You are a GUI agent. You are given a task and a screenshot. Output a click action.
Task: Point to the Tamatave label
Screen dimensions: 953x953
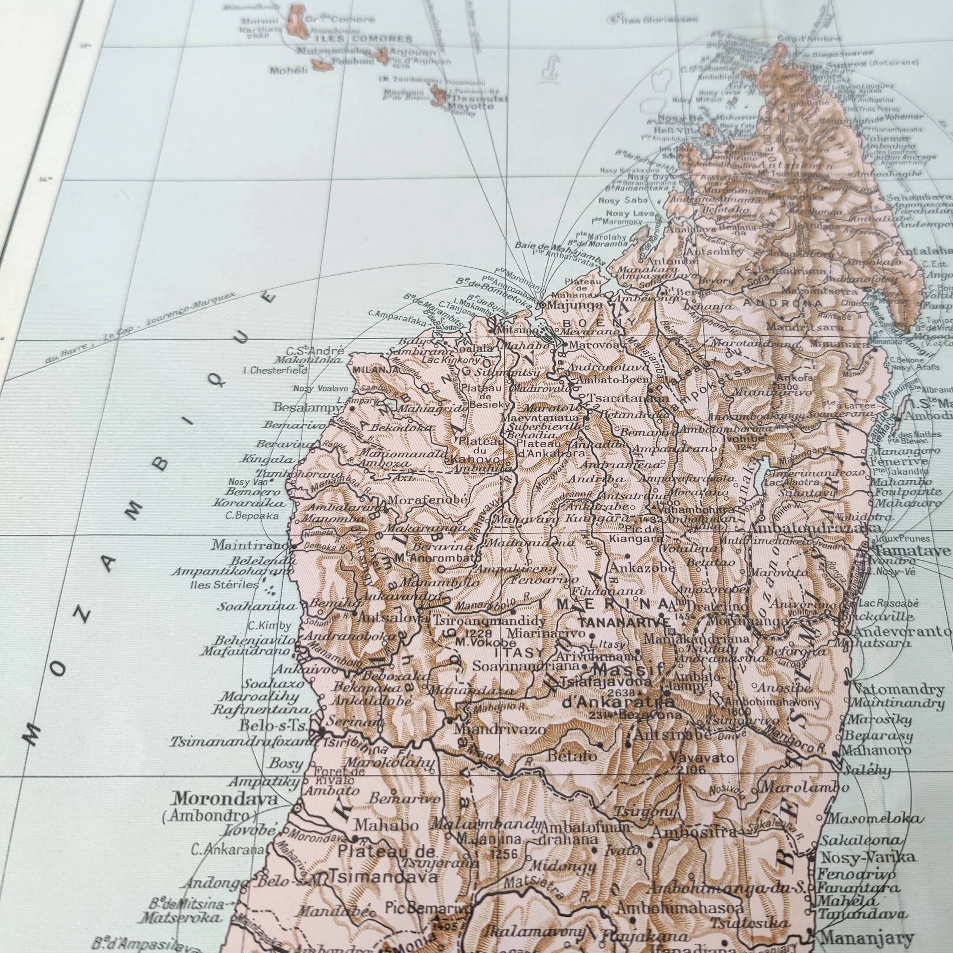[912, 551]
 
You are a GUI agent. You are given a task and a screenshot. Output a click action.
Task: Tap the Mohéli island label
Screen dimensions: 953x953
[288, 70]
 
